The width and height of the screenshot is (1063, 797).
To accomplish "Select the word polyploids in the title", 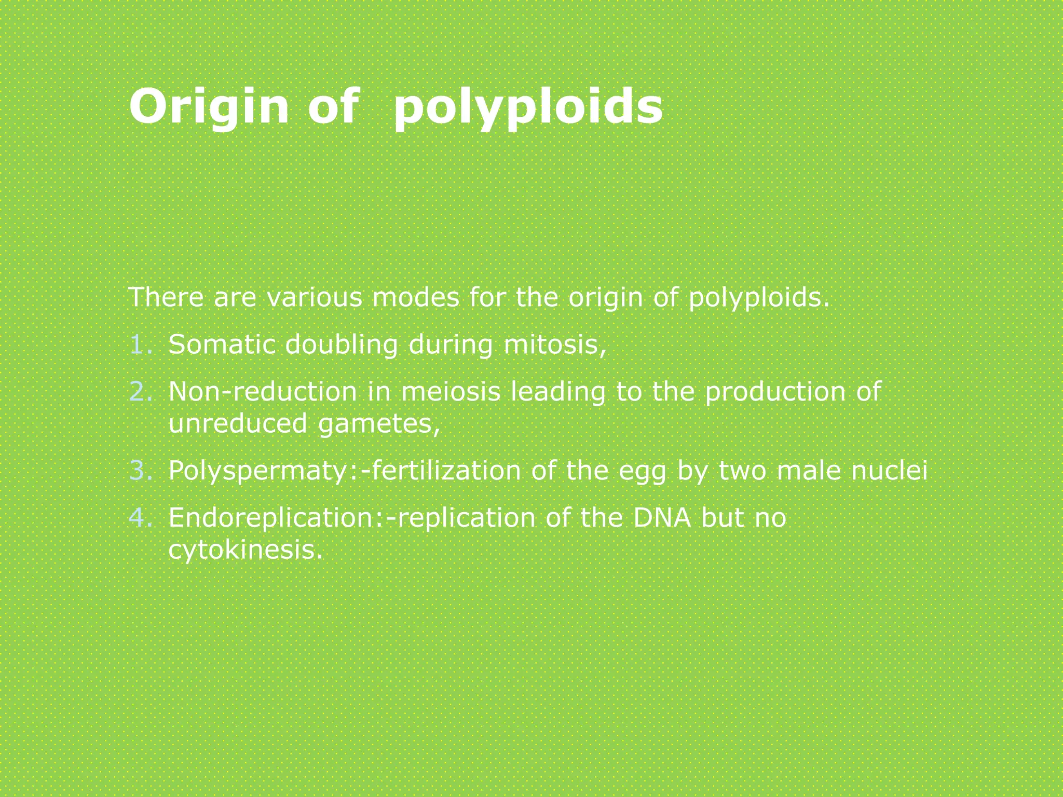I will [x=528, y=108].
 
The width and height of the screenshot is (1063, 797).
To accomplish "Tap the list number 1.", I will [x=141, y=345].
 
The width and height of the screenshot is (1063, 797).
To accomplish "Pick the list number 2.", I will [x=141, y=392].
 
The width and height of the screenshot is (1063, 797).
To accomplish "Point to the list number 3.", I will [x=141, y=471].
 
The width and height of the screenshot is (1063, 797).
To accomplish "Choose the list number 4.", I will [x=141, y=518].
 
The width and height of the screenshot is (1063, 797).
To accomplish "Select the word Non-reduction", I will [x=263, y=392].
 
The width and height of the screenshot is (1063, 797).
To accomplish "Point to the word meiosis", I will [x=451, y=392].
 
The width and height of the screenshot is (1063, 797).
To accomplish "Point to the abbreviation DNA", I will [x=662, y=518].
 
